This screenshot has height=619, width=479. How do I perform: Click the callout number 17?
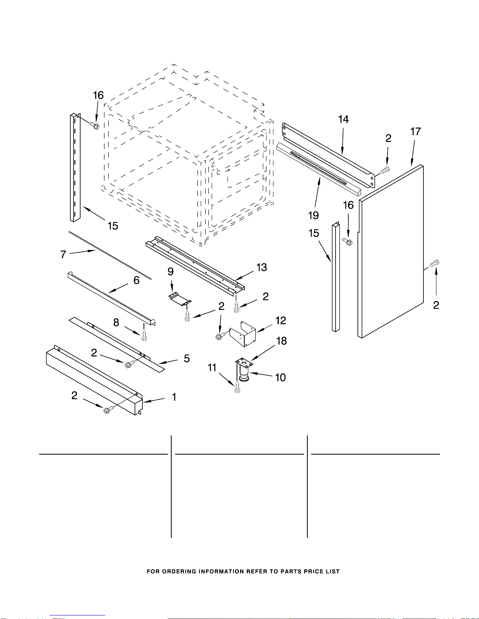415,132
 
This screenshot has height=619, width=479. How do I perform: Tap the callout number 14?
343,120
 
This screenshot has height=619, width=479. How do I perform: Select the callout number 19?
313,215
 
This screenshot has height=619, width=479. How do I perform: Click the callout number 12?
281,321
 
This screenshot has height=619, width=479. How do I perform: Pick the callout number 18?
282,341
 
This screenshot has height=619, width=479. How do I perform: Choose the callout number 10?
280,377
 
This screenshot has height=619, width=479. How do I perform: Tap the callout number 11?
212,367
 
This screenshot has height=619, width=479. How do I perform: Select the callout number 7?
63,254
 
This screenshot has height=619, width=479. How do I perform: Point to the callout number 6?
136,280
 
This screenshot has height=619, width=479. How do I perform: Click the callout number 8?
116,323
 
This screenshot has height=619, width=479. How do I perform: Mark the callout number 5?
187,359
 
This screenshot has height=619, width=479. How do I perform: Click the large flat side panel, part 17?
391,251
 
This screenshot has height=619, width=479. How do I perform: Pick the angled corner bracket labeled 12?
243,334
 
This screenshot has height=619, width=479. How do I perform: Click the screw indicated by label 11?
237,388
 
